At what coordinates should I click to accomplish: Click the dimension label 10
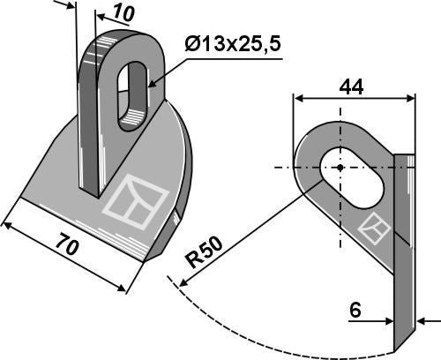click(123, 14)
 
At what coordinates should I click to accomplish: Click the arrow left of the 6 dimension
click(387, 319)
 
